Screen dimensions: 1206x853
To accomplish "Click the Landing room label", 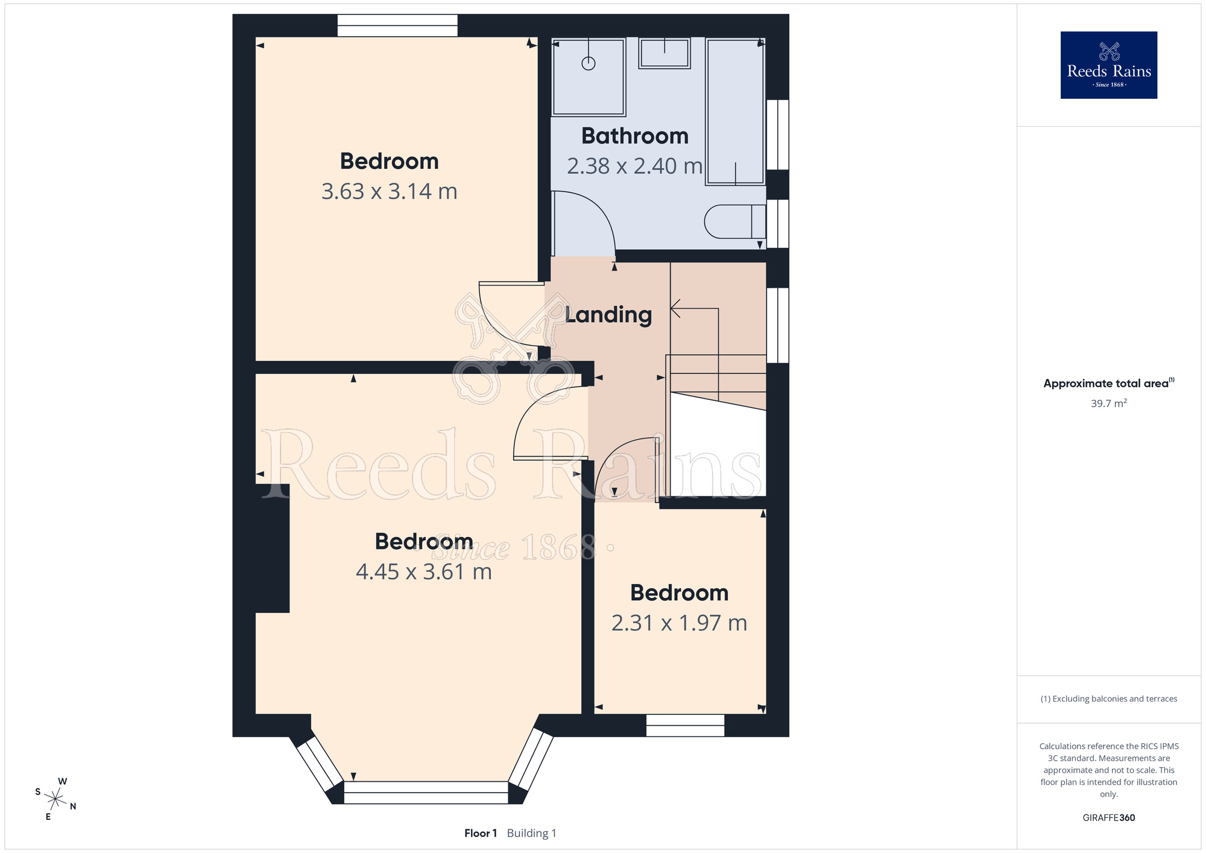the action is pos(608,315).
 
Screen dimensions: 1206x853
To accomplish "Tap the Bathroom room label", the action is pos(635,136).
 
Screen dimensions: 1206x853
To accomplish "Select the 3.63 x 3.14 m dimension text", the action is pos(389,191).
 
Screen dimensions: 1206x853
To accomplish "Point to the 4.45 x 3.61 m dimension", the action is pos(424,571).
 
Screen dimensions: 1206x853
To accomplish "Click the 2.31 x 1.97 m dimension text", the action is pos(680,623).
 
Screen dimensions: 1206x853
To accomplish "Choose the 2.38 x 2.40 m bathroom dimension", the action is pos(635,166).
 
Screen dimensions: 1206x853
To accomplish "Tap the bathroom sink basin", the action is pos(665,53).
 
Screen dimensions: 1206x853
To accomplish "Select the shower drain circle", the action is pos(589,63).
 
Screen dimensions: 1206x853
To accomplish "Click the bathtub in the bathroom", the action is pos(736,112).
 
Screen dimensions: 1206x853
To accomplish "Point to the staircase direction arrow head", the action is pos(676,309).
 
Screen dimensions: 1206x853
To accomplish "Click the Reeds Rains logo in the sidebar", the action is pos(1109,65).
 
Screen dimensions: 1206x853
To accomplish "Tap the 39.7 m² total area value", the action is pos(1109,403).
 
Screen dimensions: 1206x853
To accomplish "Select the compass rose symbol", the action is pos(55,799).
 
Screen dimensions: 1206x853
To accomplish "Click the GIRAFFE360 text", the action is pos(1109,818).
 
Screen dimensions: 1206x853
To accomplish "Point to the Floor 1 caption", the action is pos(481,833).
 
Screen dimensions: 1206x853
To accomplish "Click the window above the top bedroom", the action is pos(397,25).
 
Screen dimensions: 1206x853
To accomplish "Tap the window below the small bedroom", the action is pos(685,725).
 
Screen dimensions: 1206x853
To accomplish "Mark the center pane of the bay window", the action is pos(426,793).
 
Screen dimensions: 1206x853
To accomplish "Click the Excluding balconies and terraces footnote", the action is pos(1109,699).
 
